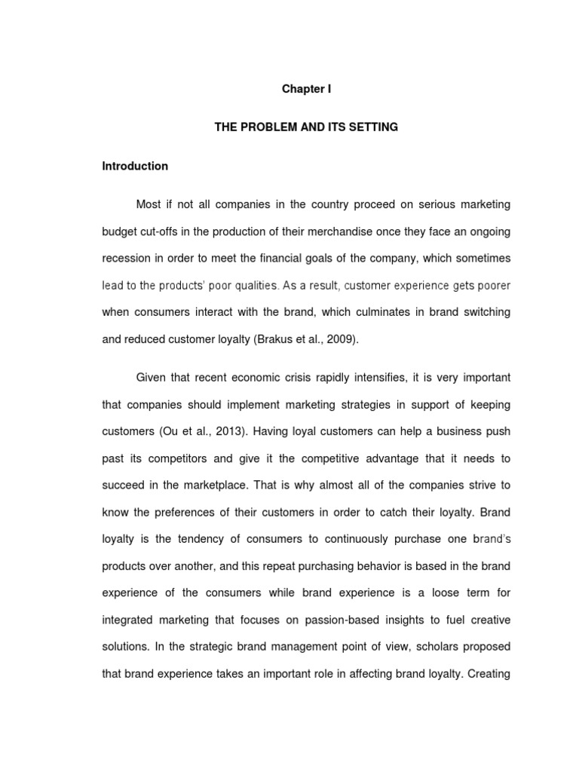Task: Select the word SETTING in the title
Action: (x=375, y=127)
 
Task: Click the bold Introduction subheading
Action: (x=135, y=166)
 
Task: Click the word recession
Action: (x=126, y=259)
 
